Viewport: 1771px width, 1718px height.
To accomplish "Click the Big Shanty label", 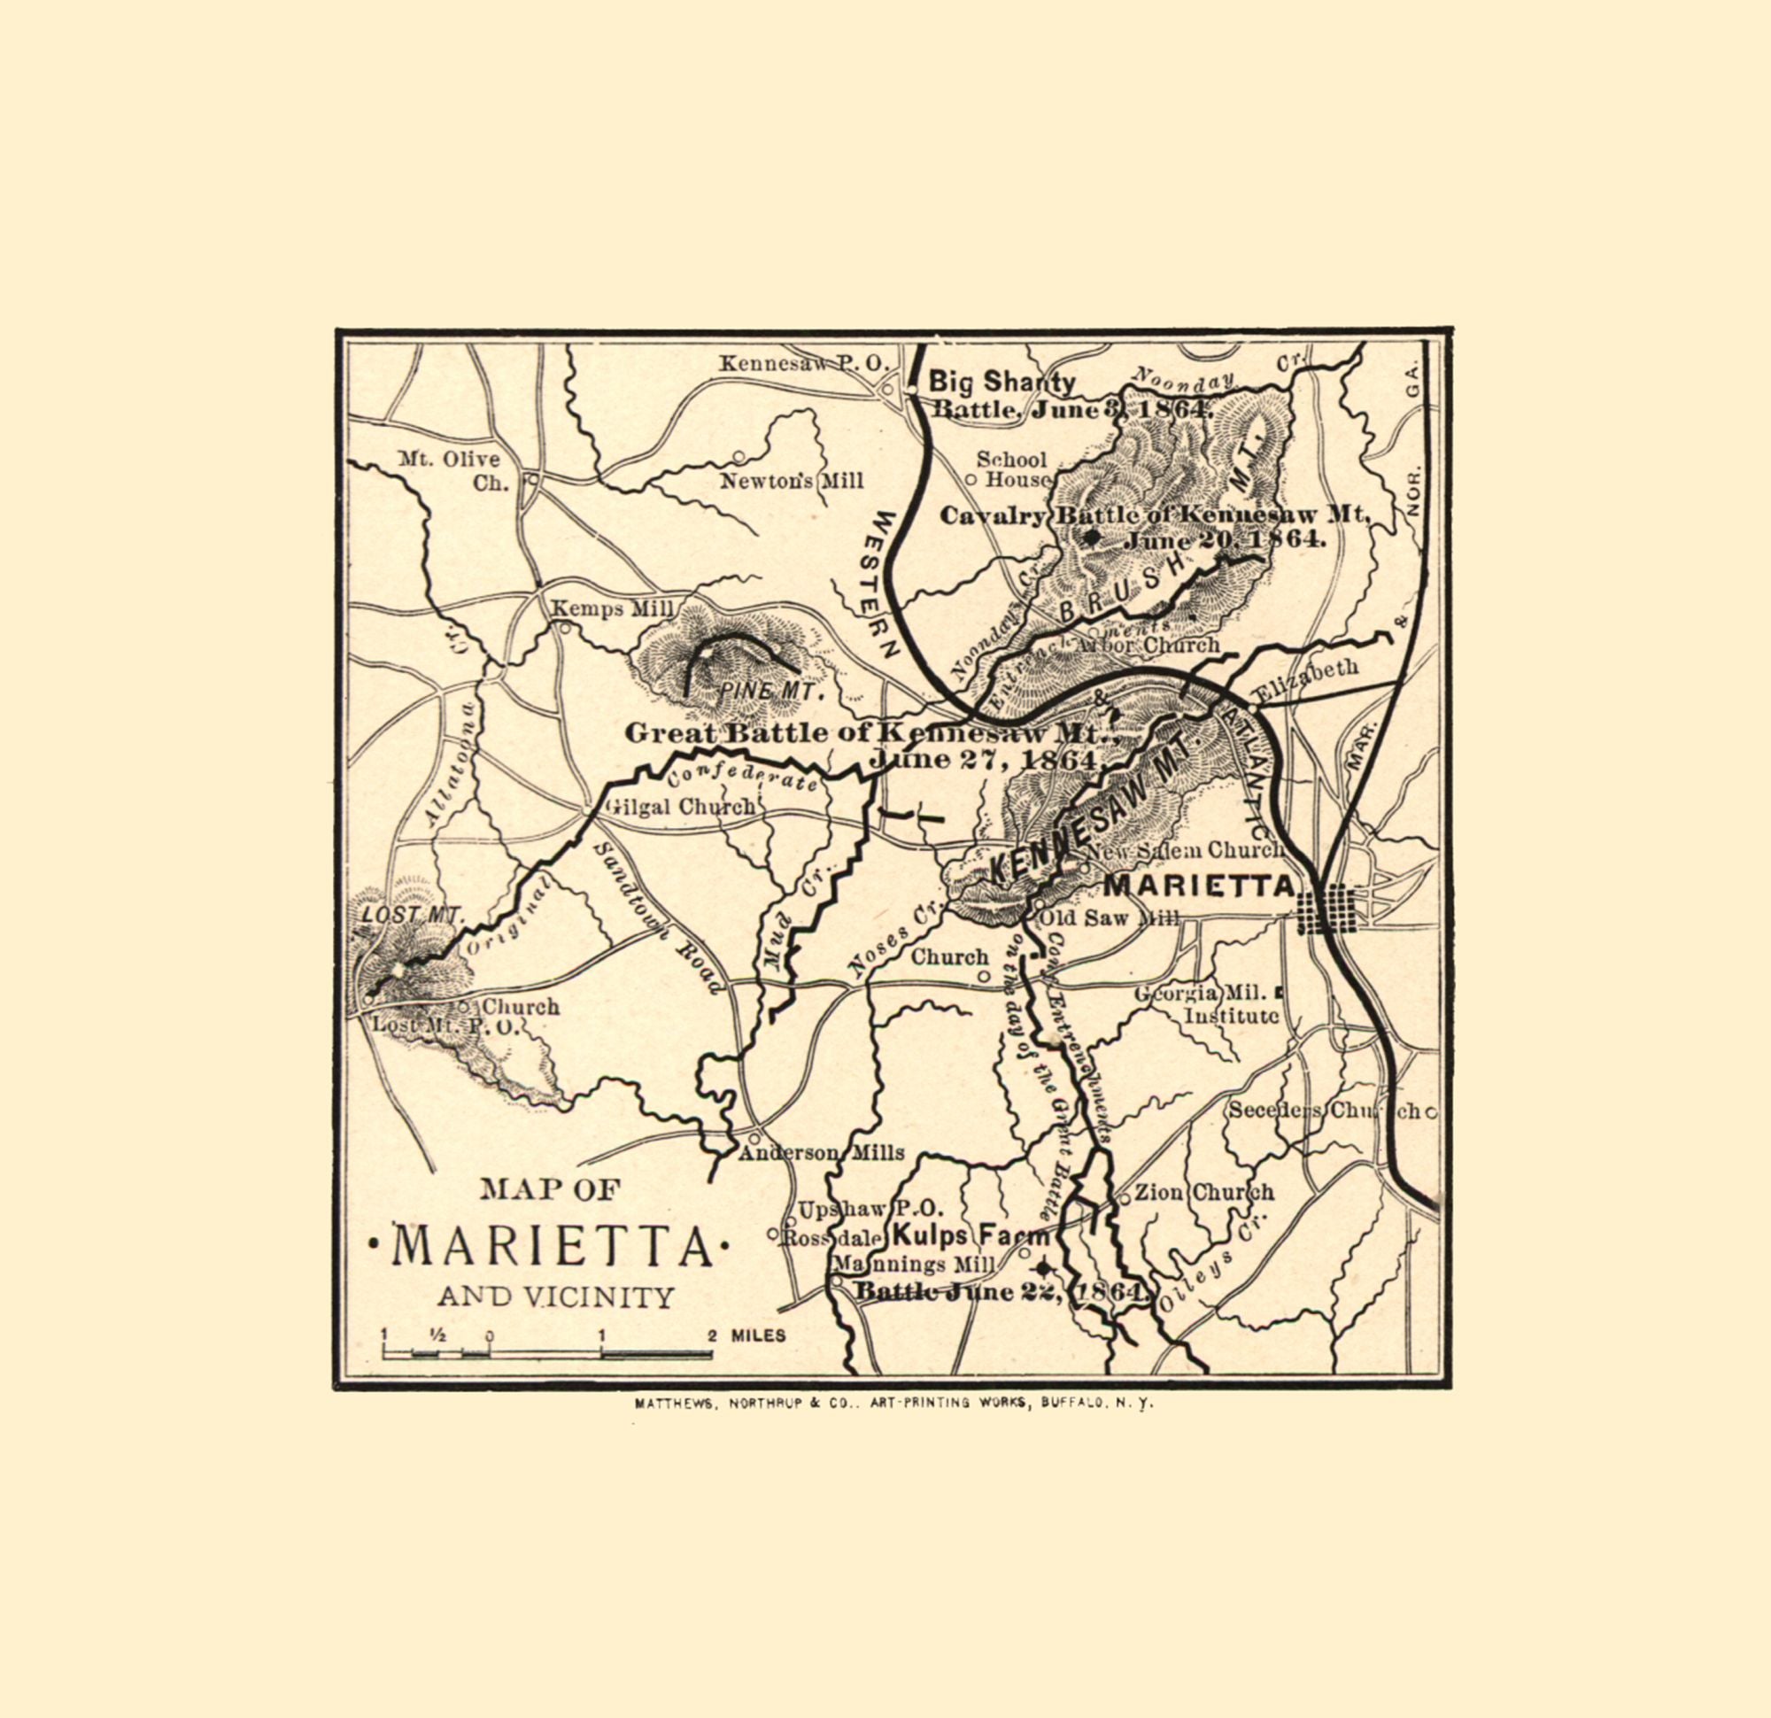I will point(1002,382).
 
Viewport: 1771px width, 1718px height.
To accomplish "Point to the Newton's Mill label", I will point(791,482).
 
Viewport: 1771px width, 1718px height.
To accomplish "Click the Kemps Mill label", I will point(613,609).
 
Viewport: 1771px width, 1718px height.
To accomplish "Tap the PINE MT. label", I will point(769,693).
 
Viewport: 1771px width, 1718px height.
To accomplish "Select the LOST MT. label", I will point(411,914).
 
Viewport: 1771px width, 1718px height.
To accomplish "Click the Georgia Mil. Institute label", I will point(1207,1003).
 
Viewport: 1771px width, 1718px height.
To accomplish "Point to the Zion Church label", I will point(1203,1192).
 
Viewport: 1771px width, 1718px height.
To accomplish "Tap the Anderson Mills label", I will point(822,1152).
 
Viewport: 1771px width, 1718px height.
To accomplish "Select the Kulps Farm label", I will point(971,1236).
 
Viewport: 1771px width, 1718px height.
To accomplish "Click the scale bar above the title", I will point(547,1353).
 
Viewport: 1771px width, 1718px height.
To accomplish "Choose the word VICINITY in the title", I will point(601,1297).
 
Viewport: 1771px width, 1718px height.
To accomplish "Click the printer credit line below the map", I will point(894,1405).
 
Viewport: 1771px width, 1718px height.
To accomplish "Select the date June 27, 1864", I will point(985,759).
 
